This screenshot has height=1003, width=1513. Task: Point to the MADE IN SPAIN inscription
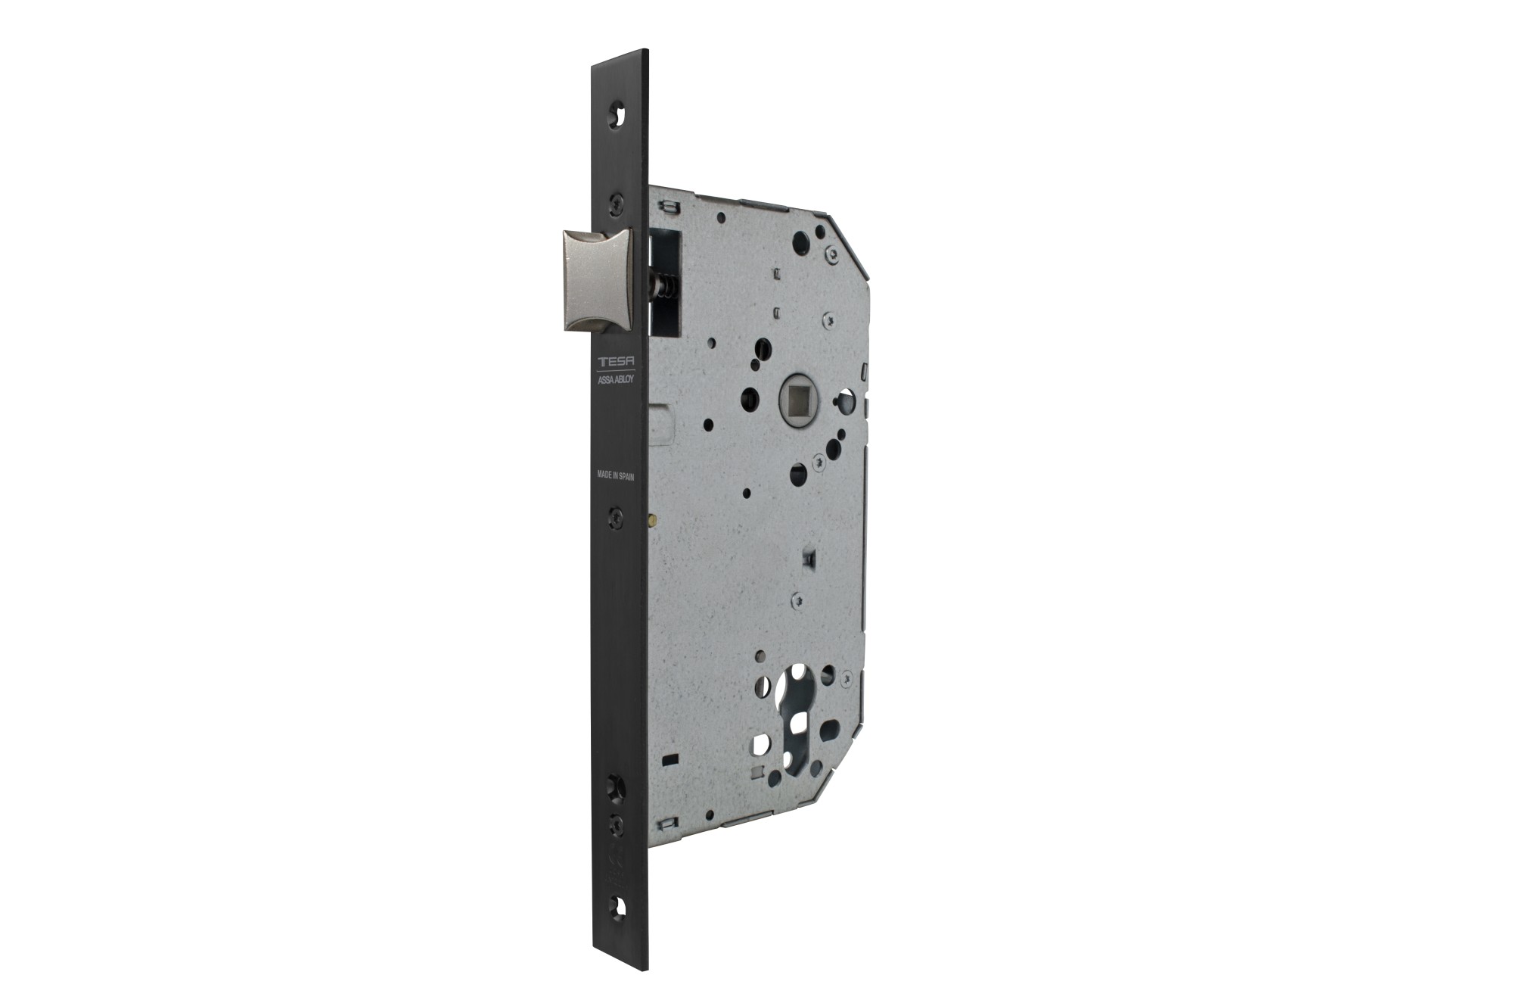(x=616, y=475)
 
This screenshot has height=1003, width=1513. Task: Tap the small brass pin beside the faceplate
(x=651, y=520)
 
